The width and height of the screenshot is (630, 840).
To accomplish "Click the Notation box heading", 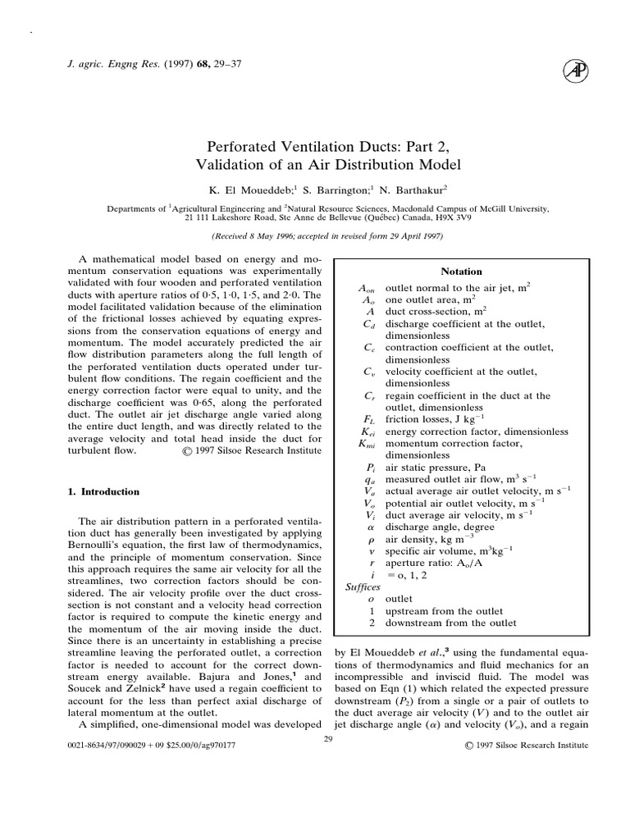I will (x=462, y=272).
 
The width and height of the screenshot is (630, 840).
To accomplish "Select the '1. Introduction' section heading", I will (x=103, y=492).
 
